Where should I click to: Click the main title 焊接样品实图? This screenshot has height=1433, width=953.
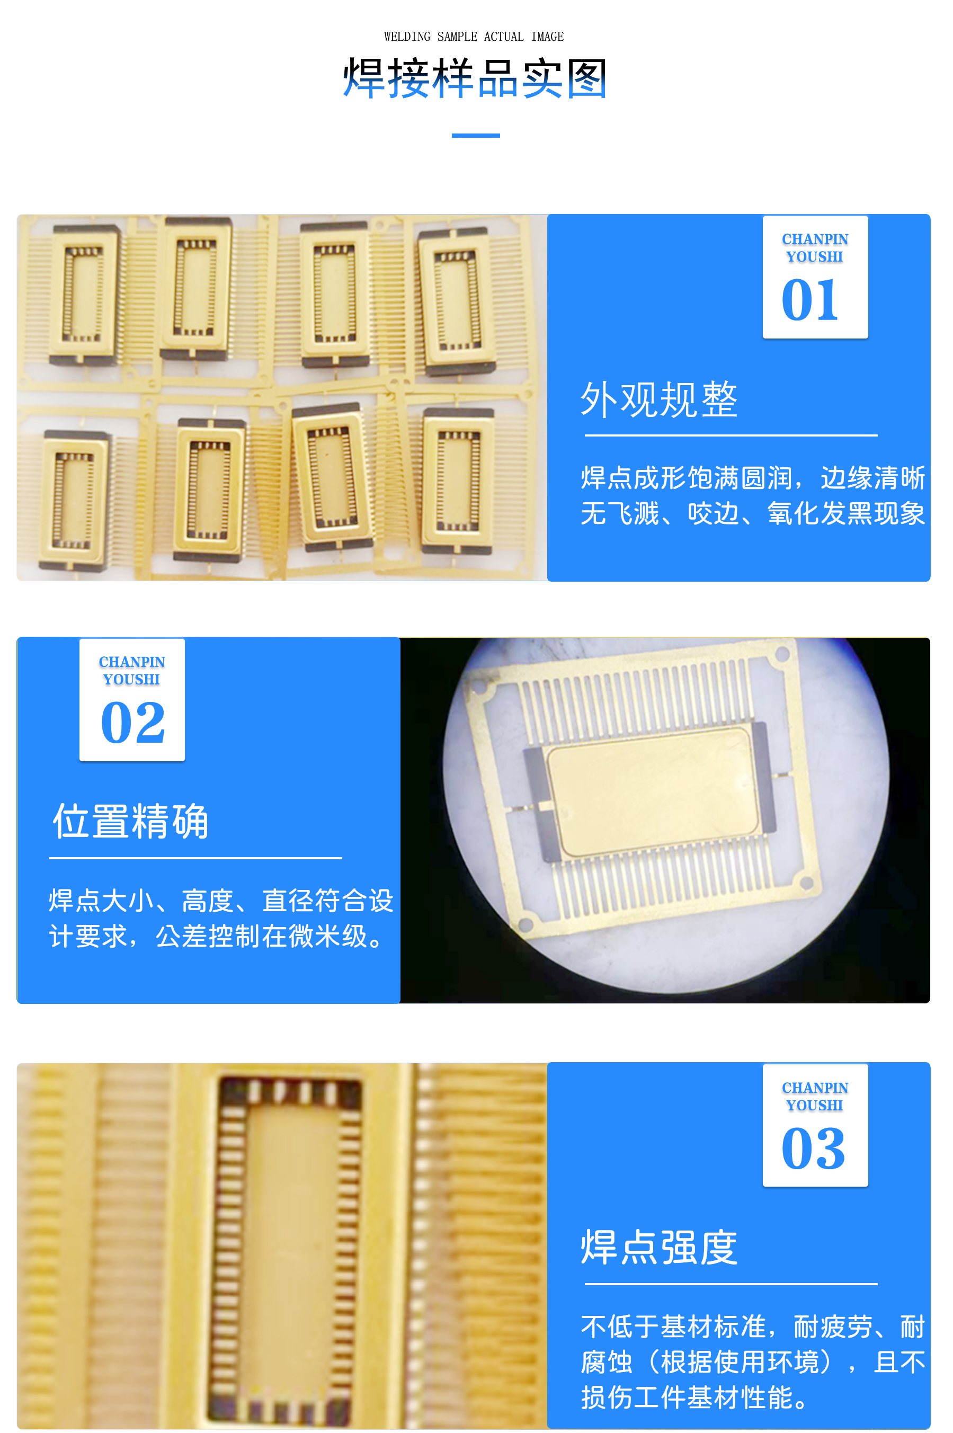coord(475,78)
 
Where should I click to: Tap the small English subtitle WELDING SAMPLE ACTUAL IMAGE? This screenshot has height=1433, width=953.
coord(474,37)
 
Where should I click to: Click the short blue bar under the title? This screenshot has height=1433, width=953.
coord(475,136)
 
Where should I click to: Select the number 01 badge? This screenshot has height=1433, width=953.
coord(814,277)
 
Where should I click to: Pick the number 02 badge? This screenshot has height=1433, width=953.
coord(132,699)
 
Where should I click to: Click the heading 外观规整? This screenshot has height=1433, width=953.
coord(659,400)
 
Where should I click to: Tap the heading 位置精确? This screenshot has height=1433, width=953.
coord(131,822)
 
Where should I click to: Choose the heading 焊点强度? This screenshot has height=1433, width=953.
coord(659,1248)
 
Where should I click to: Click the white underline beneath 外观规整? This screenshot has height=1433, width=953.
coord(731,435)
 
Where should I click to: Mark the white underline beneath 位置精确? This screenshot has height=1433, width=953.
coord(195,858)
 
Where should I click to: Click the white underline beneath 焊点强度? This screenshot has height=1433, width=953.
coord(731,1284)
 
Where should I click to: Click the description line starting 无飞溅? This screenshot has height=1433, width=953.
coord(752,513)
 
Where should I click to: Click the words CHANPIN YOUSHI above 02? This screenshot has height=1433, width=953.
coord(132,670)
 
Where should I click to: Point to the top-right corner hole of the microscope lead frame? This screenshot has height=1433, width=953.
coord(782,654)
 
